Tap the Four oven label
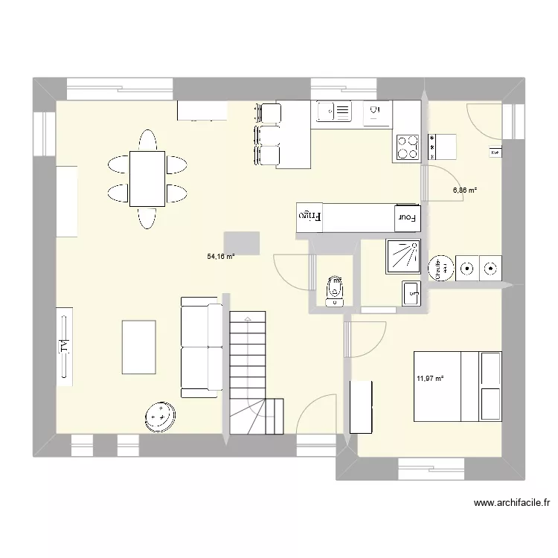pyautogui.click(x=405, y=217)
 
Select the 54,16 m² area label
pyautogui.click(x=221, y=257)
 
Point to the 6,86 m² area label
pyautogui.click(x=465, y=190)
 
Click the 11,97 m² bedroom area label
pyautogui.click(x=430, y=379)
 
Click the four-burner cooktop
pyautogui.click(x=406, y=147)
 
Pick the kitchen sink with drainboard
pyautogui.click(x=333, y=112)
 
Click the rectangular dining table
pyautogui.click(x=147, y=178)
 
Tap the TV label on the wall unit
pyautogui.click(x=63, y=346)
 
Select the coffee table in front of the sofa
pyautogui.click(x=138, y=347)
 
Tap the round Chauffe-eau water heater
pyautogui.click(x=442, y=268)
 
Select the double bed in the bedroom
pyautogui.click(x=457, y=386)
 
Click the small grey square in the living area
pyautogui.click(x=241, y=243)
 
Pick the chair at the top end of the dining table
pyautogui.click(x=147, y=139)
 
